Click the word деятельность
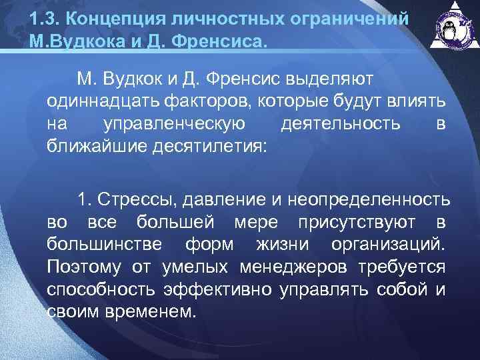click(x=341, y=124)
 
